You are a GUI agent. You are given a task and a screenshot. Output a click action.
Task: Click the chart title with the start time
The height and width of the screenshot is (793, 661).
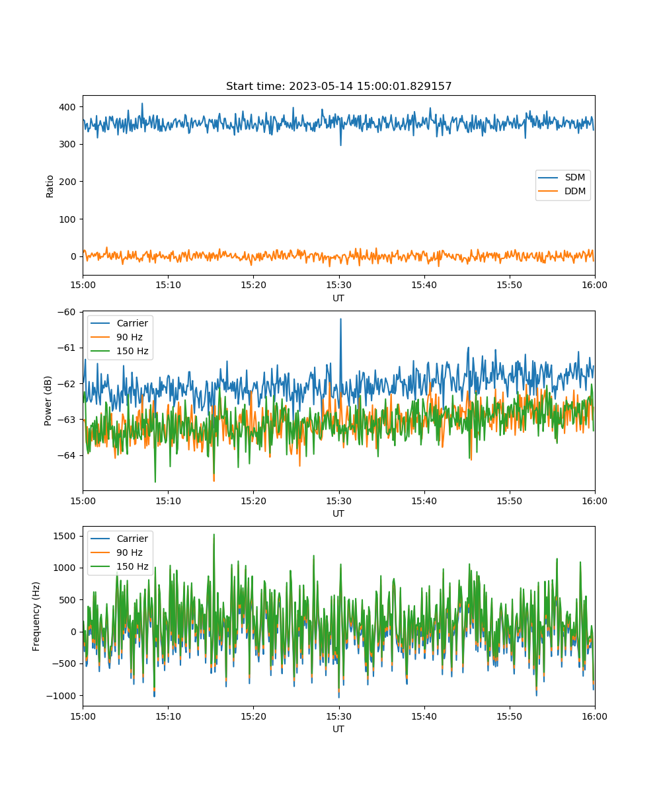338,86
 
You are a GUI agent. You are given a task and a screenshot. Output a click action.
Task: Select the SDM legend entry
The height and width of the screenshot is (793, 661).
563,177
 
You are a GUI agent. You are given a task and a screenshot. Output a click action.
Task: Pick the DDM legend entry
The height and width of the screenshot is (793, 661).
563,191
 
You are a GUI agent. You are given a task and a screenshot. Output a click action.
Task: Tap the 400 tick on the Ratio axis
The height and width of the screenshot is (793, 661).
67,107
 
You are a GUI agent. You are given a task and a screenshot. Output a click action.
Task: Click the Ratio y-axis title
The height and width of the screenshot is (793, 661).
50,186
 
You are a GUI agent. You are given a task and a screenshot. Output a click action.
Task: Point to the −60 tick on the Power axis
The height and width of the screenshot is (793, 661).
67,312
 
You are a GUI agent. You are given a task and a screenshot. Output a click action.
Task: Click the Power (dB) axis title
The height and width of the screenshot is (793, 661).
48,400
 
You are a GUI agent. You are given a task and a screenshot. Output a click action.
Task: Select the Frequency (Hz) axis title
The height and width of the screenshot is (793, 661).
36,616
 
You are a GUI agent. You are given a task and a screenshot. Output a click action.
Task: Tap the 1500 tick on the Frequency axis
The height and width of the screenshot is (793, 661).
65,536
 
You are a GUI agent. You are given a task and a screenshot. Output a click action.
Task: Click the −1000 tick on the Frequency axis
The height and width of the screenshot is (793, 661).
61,696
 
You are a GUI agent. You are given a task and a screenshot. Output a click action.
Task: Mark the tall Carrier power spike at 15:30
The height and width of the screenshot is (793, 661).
340,320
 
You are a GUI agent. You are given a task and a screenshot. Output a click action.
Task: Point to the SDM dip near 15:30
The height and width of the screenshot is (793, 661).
340,144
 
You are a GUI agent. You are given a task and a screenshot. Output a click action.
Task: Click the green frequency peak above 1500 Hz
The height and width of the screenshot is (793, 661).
214,535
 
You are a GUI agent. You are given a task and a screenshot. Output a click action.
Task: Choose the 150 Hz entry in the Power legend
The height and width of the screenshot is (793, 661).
119,351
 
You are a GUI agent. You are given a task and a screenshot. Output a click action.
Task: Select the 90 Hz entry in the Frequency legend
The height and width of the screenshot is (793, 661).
116,552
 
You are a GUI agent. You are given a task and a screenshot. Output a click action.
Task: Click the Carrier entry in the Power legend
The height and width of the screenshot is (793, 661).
119,323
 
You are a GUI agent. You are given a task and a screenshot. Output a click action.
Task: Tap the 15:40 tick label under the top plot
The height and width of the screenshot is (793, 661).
424,285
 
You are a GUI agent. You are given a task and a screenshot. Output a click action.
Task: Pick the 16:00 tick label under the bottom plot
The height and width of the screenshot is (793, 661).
594,716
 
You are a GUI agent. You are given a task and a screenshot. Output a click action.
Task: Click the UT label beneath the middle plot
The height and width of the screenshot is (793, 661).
338,513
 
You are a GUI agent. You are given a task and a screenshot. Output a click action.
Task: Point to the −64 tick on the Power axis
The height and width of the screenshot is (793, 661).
67,455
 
